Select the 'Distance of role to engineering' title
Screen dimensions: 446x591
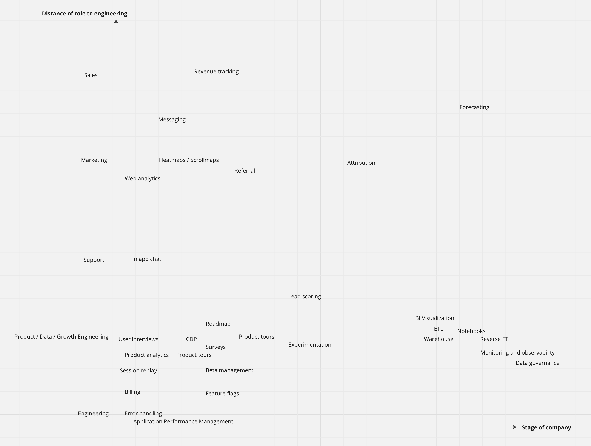85,14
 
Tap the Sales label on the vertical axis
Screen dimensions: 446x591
91,75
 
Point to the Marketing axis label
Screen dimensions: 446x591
94,160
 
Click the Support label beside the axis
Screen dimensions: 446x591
94,260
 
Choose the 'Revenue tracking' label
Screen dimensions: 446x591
216,71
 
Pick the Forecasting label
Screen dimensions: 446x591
474,107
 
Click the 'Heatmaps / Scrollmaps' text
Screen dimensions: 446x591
189,160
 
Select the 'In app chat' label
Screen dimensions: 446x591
147,259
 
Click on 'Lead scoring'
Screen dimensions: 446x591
305,296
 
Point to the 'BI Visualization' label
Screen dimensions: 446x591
434,318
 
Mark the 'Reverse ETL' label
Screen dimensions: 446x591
495,339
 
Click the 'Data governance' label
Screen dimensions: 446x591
537,363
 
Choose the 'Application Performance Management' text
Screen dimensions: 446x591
183,421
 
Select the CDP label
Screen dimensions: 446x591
191,339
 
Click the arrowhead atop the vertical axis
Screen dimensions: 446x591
116,21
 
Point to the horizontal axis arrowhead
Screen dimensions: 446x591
515,427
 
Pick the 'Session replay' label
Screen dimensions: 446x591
139,370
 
